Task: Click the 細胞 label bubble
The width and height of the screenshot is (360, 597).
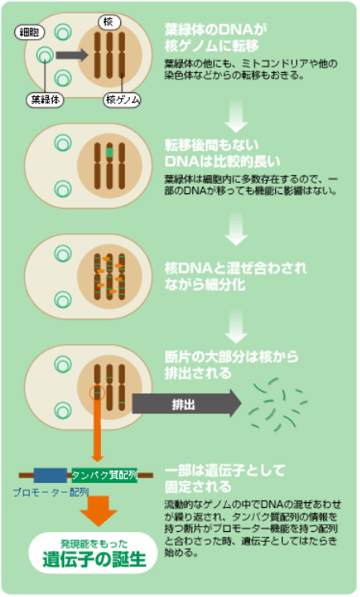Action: pos(30,32)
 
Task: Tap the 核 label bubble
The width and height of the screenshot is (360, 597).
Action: pos(109,22)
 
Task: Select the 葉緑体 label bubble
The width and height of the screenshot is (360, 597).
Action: pos(45,99)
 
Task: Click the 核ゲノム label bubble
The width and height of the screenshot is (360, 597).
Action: pos(123,99)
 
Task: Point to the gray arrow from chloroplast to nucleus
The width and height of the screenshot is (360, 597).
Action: pos(71,55)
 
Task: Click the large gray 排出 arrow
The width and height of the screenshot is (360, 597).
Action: pos(187,404)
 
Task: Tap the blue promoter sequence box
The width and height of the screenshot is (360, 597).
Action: pos(51,475)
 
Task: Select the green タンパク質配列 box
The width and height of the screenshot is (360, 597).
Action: pos(104,475)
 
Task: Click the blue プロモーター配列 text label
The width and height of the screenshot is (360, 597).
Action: pos(51,493)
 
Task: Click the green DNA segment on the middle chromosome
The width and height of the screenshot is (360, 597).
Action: pos(110,152)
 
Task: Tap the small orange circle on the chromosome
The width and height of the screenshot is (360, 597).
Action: pos(97,392)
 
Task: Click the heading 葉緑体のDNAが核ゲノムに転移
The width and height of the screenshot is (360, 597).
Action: pos(216,38)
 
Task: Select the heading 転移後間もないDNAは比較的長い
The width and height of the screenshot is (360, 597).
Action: pos(223,153)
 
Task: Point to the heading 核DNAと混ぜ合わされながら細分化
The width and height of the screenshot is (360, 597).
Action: pos(236,276)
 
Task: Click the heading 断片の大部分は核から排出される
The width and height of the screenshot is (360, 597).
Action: pos(232,365)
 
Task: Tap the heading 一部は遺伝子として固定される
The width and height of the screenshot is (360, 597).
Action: pos(224,478)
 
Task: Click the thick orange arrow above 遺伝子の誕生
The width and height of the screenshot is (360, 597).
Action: pos(99,510)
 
